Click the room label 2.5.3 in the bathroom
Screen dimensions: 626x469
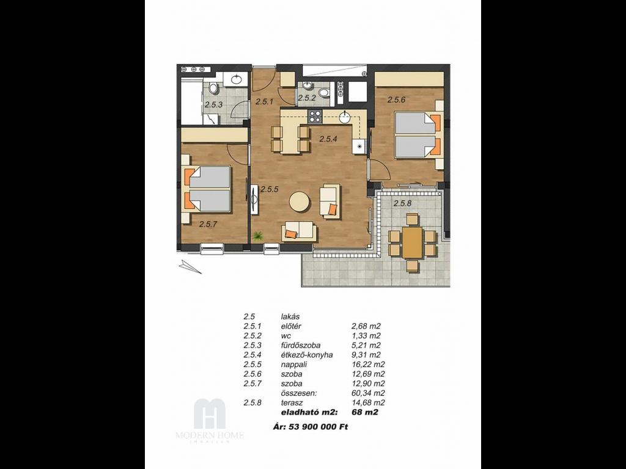click(213, 105)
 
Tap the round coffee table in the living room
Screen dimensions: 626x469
click(299, 202)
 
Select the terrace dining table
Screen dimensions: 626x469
click(412, 242)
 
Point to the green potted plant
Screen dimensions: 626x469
click(257, 236)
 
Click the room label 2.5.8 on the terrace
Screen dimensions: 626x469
click(402, 203)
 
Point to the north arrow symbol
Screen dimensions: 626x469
click(190, 266)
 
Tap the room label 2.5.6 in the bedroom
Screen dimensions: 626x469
click(396, 100)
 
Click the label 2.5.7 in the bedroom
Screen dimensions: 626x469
click(208, 225)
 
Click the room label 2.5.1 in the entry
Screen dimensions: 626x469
click(264, 102)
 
